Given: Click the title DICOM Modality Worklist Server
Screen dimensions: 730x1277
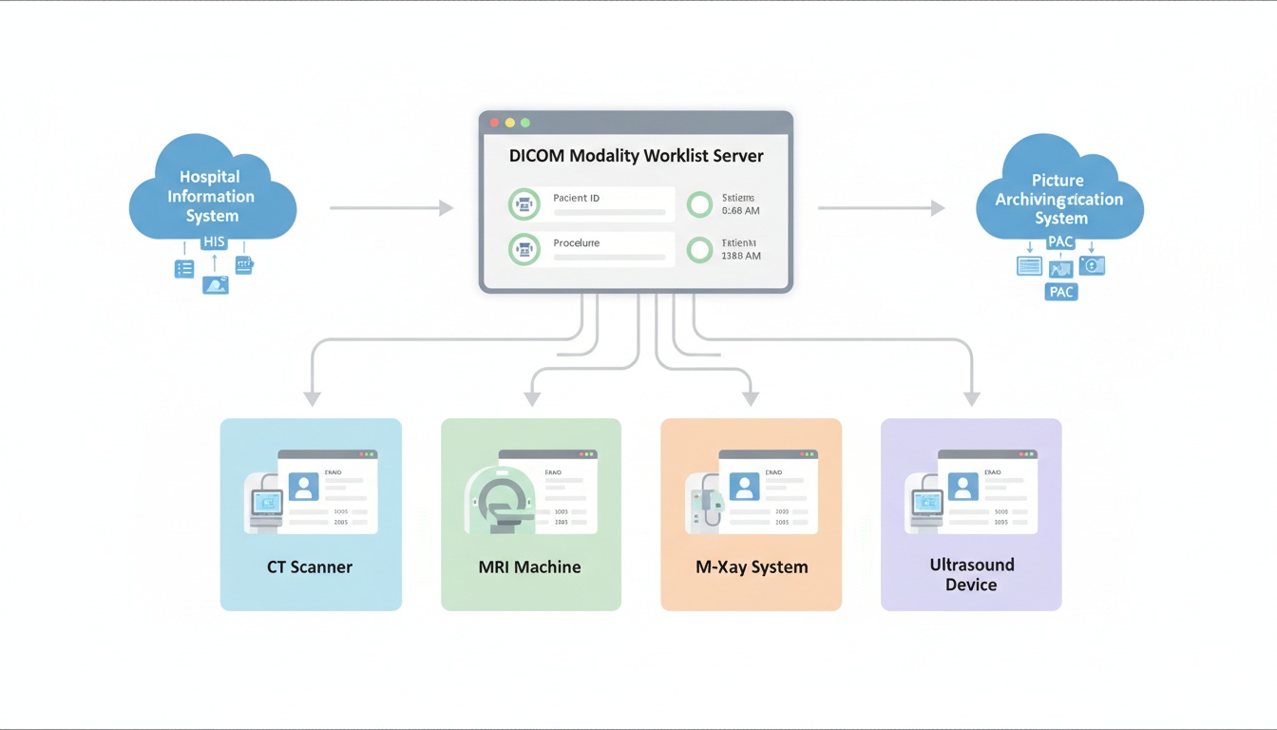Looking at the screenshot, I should pos(636,156).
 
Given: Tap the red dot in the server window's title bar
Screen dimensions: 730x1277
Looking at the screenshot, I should pos(494,123).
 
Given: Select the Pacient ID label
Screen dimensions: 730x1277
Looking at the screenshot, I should pos(576,198).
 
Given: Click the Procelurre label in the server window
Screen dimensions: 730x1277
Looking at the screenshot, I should pos(576,243).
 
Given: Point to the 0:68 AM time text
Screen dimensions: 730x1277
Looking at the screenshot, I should pos(740,211).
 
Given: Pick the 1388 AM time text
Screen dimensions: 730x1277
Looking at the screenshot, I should pos(740,256).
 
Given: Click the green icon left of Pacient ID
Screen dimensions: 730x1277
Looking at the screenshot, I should pos(524,203).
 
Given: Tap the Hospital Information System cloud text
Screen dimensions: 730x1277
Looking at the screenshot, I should pos(211,196).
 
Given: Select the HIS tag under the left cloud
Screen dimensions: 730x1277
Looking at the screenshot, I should pos(214,242).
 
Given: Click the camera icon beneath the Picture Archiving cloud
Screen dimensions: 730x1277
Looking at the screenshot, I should pos(1092,266).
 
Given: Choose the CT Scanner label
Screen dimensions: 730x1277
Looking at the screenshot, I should pos(309,567).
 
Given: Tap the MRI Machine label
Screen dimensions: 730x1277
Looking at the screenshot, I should pos(529,567).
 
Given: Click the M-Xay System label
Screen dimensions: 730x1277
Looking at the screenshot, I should pos(751,567).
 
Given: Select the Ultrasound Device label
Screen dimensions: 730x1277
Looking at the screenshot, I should pos(971,574).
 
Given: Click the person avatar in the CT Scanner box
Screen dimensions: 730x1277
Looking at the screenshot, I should pos(303,487).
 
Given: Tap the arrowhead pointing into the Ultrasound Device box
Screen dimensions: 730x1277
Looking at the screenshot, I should pos(971,398).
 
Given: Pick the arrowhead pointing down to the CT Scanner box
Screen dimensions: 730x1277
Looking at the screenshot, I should pos(312,398).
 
